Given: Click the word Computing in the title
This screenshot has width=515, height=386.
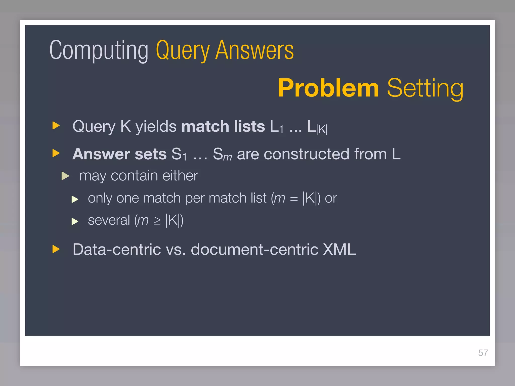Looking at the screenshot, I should [99, 50].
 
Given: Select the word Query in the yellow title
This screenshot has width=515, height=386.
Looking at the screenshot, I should [183, 50].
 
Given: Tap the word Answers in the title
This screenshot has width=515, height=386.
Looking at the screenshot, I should [254, 50].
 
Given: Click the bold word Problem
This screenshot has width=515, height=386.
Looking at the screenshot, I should [328, 88].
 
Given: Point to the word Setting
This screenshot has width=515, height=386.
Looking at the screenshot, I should [425, 88].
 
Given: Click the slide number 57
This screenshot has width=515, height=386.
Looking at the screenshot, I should [483, 353].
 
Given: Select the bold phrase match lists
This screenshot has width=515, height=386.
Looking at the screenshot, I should [223, 126].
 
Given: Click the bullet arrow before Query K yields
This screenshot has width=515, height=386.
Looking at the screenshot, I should [56, 125].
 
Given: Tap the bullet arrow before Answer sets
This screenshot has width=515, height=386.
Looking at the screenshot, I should [56, 153].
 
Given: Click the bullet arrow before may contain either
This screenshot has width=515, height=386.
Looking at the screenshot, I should [65, 176].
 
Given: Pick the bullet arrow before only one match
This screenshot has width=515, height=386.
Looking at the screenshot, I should [75, 199].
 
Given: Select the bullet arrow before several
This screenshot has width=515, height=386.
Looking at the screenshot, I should [75, 221].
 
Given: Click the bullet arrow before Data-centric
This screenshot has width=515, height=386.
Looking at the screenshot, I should [56, 249].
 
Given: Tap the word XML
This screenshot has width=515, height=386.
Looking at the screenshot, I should [339, 249].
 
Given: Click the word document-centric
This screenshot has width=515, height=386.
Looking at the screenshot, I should [254, 249].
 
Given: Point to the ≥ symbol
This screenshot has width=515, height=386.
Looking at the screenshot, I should [157, 221].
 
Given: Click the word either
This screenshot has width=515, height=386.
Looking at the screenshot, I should [180, 175].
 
